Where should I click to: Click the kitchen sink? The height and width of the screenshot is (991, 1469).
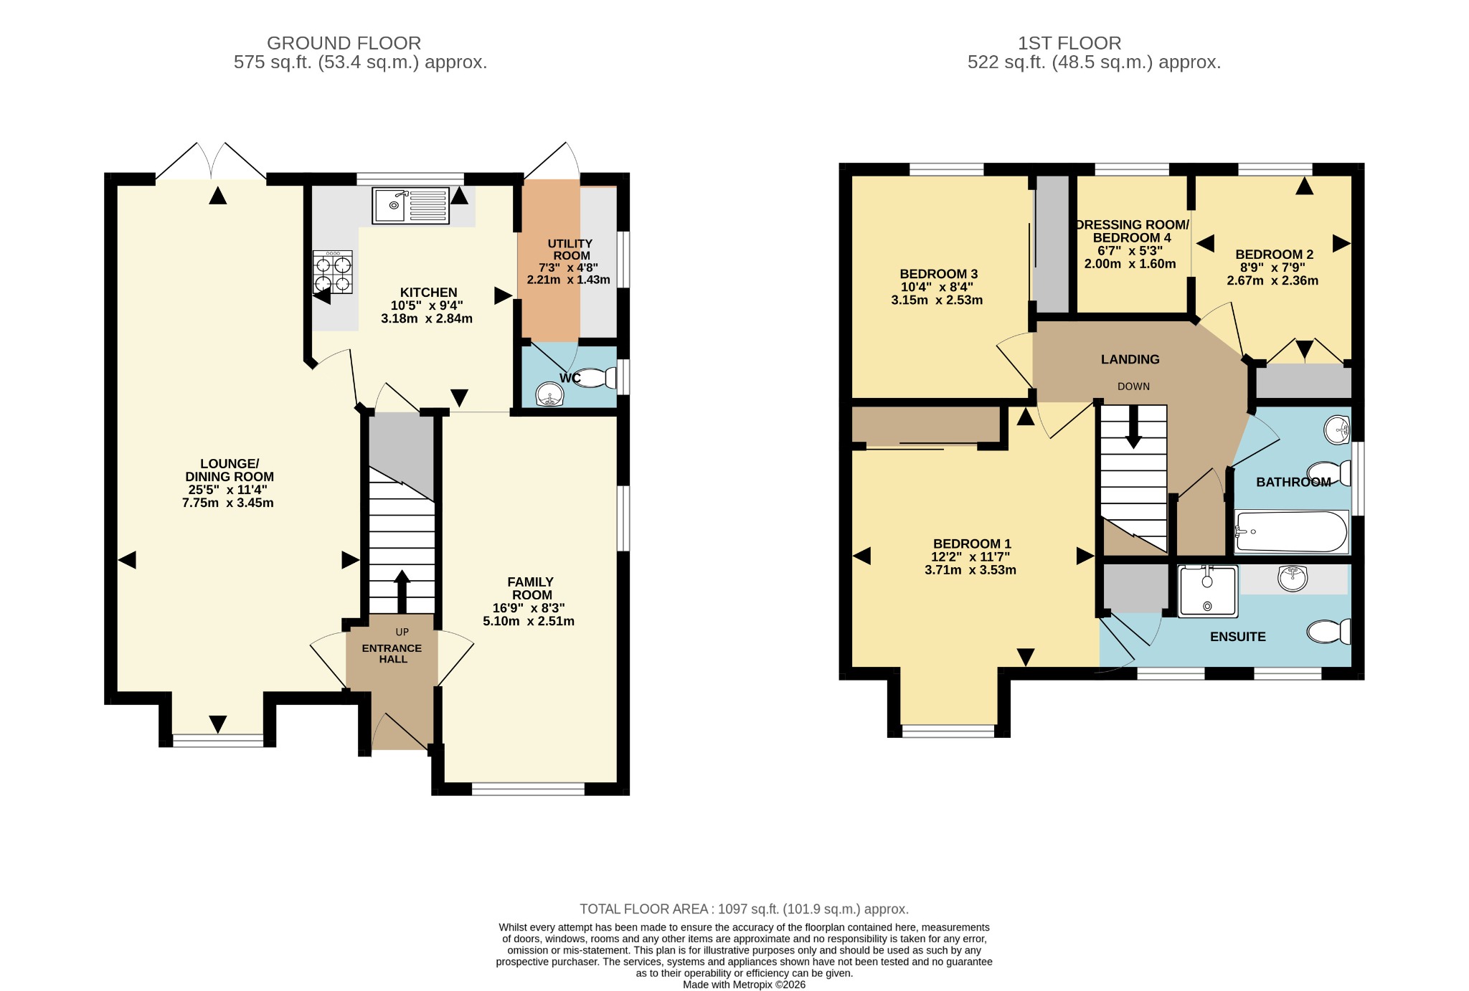tap(411, 205)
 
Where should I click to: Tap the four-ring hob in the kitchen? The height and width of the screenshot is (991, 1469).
tap(333, 272)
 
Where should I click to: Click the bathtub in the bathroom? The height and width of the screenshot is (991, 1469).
tap(1291, 531)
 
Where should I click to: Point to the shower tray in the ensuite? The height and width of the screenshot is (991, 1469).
tap(1208, 591)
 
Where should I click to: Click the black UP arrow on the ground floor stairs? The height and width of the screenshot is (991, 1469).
tap(402, 592)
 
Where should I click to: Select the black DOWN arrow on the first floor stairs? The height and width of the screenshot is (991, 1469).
tap(1133, 427)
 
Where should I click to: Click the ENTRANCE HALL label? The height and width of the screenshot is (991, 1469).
tap(392, 653)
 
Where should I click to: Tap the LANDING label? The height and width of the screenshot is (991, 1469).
tap(1130, 359)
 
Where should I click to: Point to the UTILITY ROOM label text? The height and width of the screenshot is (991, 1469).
tap(571, 250)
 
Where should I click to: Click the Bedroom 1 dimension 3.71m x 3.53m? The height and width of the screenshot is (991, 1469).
tap(970, 570)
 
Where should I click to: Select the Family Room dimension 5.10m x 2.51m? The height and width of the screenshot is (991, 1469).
tap(529, 621)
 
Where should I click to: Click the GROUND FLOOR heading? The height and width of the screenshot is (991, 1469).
tap(344, 43)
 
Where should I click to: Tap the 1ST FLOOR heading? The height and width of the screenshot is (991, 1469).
tap(1069, 43)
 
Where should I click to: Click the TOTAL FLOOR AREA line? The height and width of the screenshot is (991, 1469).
tap(745, 909)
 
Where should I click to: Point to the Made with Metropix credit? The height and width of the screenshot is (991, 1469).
tap(745, 985)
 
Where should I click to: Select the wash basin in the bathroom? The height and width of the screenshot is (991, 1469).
tap(1337, 430)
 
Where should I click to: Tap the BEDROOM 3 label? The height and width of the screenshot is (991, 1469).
tap(939, 274)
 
